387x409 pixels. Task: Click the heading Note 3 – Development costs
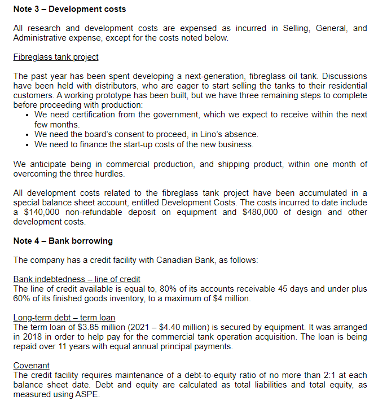click(x=69, y=9)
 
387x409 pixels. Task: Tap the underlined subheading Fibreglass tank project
click(x=56, y=57)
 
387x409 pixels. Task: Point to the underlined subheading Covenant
click(x=31, y=366)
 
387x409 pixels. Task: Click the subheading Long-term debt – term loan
click(x=64, y=318)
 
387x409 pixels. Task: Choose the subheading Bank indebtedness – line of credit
click(x=77, y=279)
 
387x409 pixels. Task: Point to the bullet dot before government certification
click(x=28, y=115)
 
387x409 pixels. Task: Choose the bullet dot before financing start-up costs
click(x=28, y=144)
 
